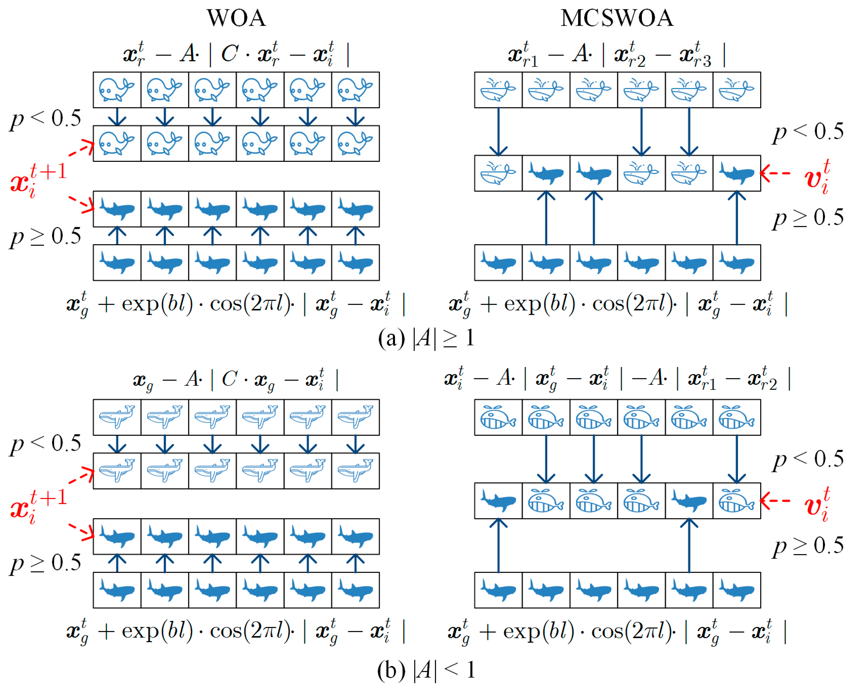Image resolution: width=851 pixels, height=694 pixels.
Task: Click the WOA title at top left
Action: [236, 18]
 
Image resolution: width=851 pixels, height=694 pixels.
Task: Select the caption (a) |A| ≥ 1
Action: [426, 338]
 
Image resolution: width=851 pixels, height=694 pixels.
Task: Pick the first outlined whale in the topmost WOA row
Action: [117, 90]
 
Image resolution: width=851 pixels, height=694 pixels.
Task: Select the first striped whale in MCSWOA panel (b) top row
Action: [498, 417]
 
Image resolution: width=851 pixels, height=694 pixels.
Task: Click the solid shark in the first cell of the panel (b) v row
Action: [498, 500]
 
